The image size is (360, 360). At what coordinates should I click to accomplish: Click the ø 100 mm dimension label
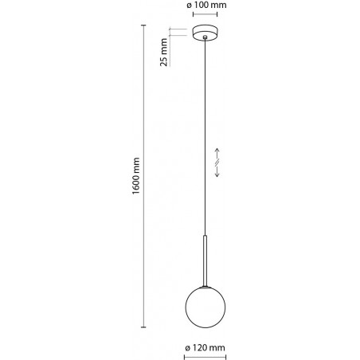206,5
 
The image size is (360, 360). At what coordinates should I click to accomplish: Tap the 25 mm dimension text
164,52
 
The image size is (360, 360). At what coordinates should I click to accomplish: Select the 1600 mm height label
136,176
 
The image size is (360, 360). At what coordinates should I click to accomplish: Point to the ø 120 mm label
205,347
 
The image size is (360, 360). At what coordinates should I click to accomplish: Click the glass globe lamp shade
205,307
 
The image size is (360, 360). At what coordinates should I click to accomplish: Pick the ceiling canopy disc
205,33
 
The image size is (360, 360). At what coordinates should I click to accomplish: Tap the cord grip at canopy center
205,37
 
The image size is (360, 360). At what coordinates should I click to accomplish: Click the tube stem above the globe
205,260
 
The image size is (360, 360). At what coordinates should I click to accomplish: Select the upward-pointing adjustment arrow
217,154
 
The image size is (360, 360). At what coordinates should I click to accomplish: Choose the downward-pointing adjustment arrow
217,171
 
